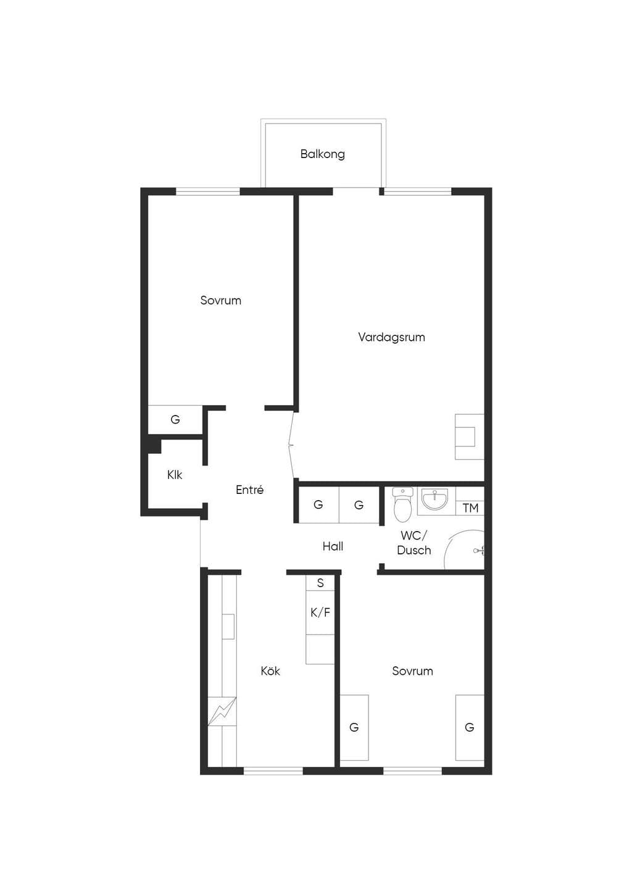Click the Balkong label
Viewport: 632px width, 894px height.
pos(322,154)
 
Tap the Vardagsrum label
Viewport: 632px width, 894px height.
pos(391,337)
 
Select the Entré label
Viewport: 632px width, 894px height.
pos(249,490)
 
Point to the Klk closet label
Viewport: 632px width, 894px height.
pos(175,475)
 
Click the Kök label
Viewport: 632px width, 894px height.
pos(270,671)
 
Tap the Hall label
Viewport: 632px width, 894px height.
pos(333,546)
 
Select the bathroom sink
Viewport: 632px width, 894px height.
pos(435,499)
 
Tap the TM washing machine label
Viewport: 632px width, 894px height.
pos(470,508)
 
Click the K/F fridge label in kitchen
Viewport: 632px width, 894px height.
pos(320,612)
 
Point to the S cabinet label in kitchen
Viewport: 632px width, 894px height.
pos(320,583)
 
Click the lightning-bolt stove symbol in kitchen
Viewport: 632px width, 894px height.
pos(222,711)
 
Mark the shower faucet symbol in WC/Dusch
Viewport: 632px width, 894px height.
pos(479,551)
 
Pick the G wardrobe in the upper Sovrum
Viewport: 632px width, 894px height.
pos(175,419)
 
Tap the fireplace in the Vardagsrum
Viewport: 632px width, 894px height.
pos(470,437)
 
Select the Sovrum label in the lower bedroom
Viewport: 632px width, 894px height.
pos(412,671)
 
